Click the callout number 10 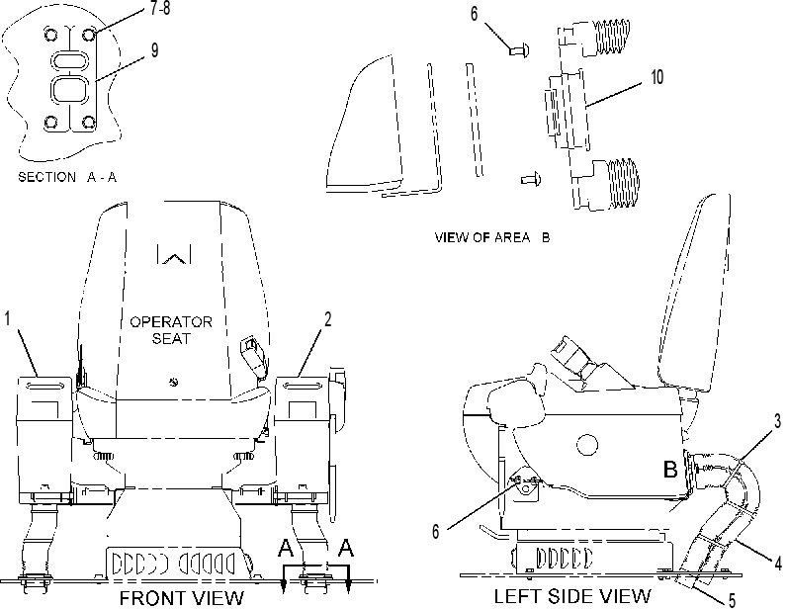click(x=657, y=77)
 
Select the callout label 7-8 click(x=160, y=8)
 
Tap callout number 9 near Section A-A click(x=154, y=50)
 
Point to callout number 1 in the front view click(x=8, y=318)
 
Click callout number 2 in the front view click(x=327, y=318)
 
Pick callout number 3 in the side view click(x=777, y=421)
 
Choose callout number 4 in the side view click(x=778, y=564)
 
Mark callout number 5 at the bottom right click(x=732, y=600)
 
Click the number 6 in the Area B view click(x=475, y=14)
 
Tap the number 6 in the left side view click(x=436, y=531)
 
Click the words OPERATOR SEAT click(x=171, y=330)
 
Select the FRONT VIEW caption click(x=181, y=598)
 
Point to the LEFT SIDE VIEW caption click(x=572, y=596)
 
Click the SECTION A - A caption click(x=67, y=177)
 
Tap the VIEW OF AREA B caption click(x=492, y=237)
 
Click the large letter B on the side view click(x=670, y=469)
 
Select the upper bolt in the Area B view click(x=518, y=49)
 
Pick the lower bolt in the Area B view click(x=531, y=178)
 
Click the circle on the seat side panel click(x=587, y=444)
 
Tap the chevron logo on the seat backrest click(x=174, y=254)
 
